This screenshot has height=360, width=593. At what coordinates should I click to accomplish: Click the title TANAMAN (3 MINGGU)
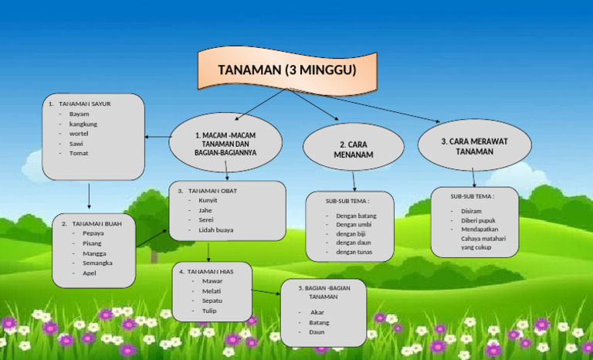click(x=286, y=70)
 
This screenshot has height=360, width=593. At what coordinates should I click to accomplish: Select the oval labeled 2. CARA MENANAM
click(x=354, y=150)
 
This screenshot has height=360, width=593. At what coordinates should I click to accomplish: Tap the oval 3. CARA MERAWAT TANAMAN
click(x=474, y=147)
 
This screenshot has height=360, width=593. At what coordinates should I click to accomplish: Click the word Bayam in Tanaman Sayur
click(x=80, y=114)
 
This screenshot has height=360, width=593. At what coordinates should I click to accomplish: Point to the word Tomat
click(x=79, y=153)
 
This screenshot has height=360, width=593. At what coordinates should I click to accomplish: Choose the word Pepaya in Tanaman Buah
click(x=93, y=233)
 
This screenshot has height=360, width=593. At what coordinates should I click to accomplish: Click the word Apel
click(x=89, y=273)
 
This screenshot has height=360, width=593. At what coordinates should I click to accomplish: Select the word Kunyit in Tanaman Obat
click(x=208, y=200)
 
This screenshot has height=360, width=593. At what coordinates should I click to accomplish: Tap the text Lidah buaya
click(x=215, y=230)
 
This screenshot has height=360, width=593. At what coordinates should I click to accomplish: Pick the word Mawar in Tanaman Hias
click(x=212, y=281)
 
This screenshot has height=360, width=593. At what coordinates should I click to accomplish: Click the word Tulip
click(x=209, y=311)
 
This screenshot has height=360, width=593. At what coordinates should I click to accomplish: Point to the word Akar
click(x=317, y=312)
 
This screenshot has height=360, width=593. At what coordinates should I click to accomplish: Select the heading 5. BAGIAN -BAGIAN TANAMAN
click(x=324, y=292)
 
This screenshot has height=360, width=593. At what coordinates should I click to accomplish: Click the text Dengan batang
click(x=356, y=216)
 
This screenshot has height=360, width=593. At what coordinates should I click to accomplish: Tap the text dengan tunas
click(x=354, y=253)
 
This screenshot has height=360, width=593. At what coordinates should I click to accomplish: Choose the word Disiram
click(x=471, y=211)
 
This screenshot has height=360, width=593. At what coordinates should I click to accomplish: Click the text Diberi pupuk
click(x=478, y=220)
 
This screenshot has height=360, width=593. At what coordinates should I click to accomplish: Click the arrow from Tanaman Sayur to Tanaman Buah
click(x=89, y=196)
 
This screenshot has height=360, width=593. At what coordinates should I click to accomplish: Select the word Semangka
click(x=97, y=263)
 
